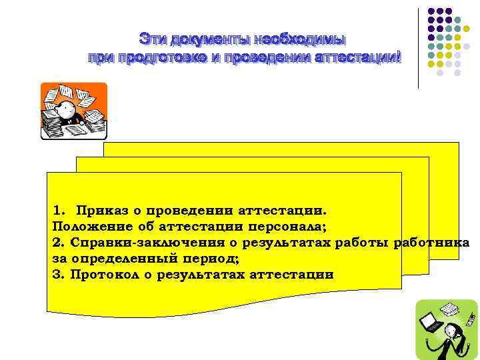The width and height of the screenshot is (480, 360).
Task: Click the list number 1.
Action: click(57, 211)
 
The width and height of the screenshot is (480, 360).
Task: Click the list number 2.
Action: click(56, 243)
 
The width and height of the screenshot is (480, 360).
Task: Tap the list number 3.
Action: click(56, 275)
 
